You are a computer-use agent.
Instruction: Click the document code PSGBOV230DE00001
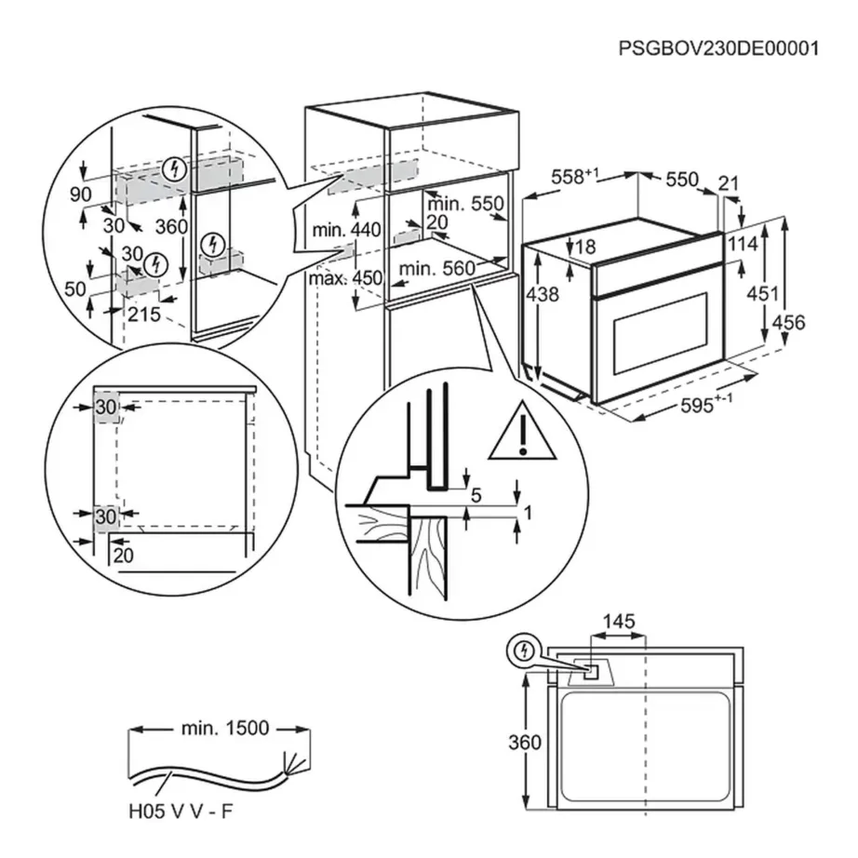click(x=719, y=47)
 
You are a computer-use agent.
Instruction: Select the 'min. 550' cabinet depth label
click(x=464, y=204)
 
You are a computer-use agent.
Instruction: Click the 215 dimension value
click(x=144, y=315)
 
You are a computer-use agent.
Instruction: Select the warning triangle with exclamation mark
click(x=523, y=434)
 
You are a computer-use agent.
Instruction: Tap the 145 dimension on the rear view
click(x=619, y=619)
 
